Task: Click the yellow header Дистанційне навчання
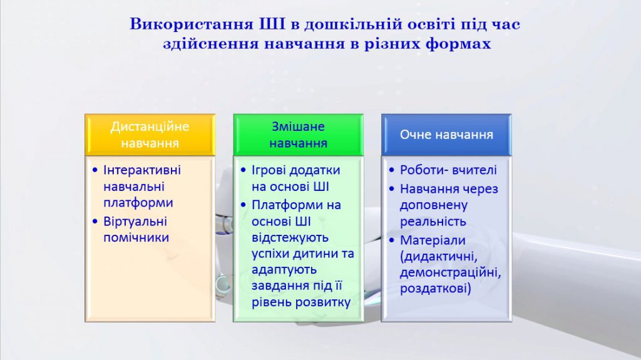click(150, 135)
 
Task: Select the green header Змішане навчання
click(298, 135)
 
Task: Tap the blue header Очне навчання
click(446, 135)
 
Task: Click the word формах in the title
click(457, 44)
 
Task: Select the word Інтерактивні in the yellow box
click(142, 170)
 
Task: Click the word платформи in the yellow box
click(138, 203)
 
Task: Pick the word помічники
click(136, 237)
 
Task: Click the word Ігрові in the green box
click(269, 170)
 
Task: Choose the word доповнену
click(431, 205)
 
